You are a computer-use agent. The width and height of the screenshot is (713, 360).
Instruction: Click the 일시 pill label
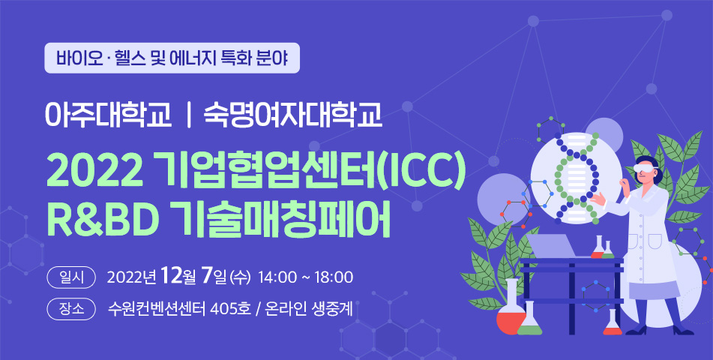pos(71,277)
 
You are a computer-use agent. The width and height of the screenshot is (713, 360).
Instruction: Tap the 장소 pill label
pos(71,310)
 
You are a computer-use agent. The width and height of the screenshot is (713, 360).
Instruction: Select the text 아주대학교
pos(108,116)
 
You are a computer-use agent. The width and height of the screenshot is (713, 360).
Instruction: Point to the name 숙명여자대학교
pos(293,116)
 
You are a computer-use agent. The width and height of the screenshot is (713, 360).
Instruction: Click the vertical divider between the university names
pos(187,117)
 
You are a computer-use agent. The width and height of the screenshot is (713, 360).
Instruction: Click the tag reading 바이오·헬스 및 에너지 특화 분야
pos(172,58)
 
